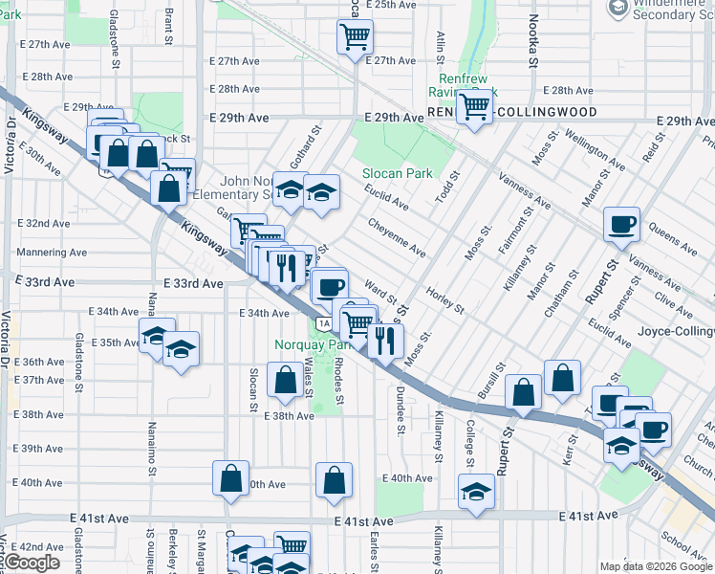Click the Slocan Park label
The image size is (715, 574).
397,173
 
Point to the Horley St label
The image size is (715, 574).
444,301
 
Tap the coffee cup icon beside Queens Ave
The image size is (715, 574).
621,226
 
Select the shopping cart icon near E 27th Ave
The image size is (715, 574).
355,37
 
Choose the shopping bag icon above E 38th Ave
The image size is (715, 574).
285,380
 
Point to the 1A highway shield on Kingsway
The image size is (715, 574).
326,323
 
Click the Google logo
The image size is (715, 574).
32,563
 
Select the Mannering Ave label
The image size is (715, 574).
53,254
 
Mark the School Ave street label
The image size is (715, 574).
684,543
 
